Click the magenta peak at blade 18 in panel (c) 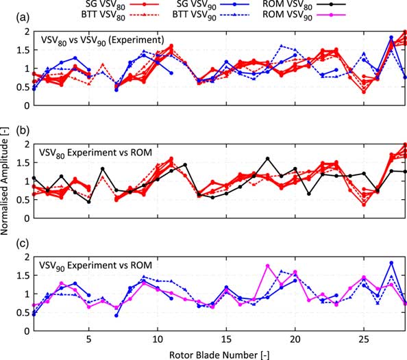pos(267,266)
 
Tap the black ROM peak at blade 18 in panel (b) pos(267,158)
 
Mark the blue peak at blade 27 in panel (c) pos(391,263)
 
